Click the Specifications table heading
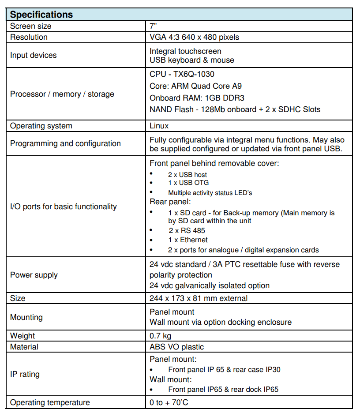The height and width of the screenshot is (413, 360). (41, 14)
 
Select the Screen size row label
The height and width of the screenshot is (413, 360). (31, 26)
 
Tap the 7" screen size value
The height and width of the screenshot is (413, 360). (154, 26)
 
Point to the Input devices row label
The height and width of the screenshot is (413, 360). (34, 55)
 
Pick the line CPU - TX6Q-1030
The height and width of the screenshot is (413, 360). (182, 74)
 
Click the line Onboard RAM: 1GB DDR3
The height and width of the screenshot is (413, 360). (197, 98)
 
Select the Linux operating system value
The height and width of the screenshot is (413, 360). (159, 126)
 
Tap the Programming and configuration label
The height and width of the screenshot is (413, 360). (65, 143)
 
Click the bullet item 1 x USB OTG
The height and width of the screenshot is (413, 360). (188, 183)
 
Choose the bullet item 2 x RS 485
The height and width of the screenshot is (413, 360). (187, 230)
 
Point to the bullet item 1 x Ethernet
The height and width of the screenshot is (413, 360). (188, 240)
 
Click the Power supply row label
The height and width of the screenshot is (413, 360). (34, 275)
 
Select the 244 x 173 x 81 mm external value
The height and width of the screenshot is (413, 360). (199, 298)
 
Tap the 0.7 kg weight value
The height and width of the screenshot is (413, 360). (161, 336)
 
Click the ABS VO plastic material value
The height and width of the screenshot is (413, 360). (176, 347)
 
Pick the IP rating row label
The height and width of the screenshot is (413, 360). (25, 374)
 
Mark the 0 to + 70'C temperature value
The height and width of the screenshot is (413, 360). (170, 402)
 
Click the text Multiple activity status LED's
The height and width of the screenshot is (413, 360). (210, 193)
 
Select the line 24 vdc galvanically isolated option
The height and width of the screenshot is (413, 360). (210, 285)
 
